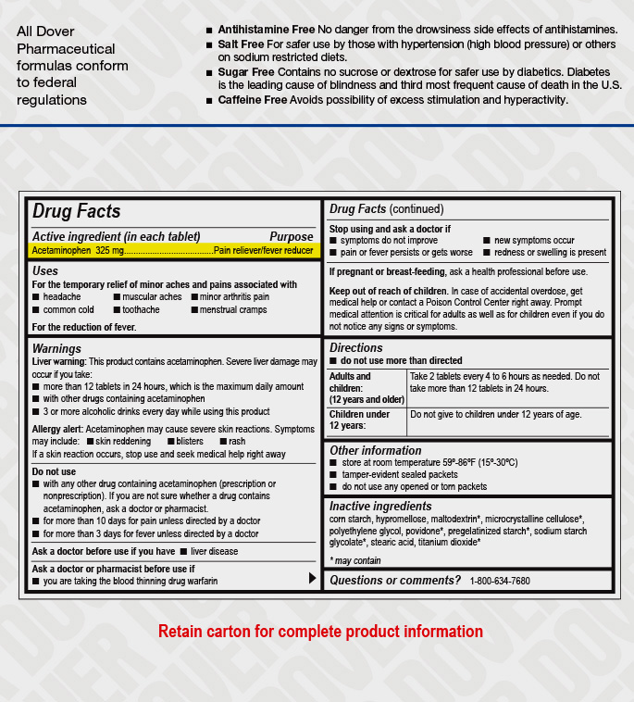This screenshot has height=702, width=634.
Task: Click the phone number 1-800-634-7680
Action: [500, 581]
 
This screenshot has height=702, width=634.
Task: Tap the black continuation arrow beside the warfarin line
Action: [312, 578]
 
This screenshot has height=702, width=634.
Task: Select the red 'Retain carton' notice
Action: [320, 632]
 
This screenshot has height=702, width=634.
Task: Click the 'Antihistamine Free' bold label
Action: [267, 31]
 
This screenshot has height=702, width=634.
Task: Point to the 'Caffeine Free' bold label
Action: [252, 99]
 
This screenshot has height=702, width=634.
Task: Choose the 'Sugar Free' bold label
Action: [246, 71]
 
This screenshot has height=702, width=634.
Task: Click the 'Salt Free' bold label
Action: [241, 44]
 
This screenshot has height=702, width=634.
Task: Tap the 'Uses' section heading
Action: [44, 270]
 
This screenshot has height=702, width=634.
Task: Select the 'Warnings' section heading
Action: [56, 348]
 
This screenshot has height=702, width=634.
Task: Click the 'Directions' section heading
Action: [356, 348]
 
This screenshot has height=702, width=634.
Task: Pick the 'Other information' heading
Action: [375, 450]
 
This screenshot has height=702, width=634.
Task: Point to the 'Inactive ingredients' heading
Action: [380, 506]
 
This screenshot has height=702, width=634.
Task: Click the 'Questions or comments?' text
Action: [395, 580]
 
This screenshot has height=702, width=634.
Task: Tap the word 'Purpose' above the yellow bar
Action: [291, 236]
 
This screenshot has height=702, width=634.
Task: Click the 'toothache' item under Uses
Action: [141, 310]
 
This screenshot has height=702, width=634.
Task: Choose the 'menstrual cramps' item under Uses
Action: [233, 310]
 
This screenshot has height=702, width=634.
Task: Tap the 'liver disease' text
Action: [214, 552]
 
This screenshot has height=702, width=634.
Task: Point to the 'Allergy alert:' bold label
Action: [57, 430]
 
